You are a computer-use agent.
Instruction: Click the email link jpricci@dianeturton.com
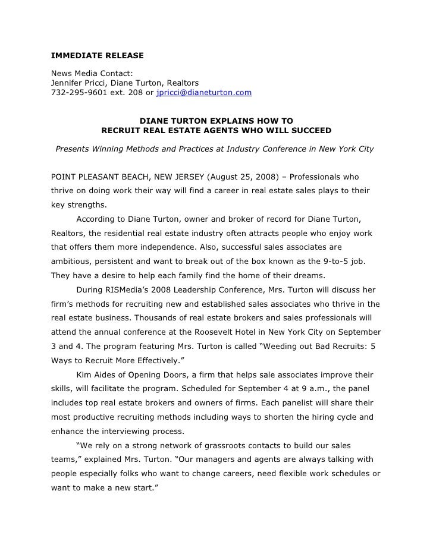point(203,93)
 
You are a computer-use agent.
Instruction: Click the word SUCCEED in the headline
point(306,130)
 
